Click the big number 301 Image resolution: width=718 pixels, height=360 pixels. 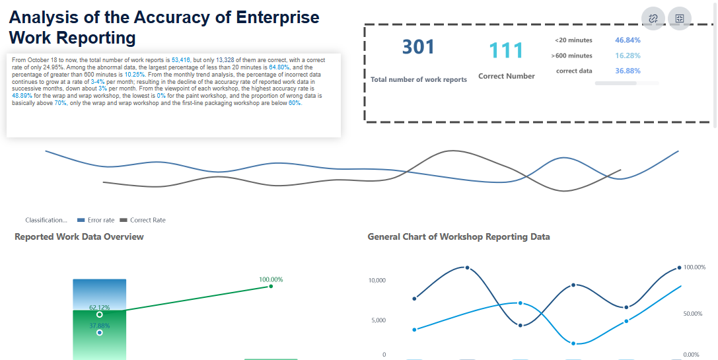(418, 48)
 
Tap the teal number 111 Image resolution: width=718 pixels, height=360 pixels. (506, 51)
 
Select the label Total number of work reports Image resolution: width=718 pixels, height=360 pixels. (419, 79)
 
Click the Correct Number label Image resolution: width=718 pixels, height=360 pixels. (506, 76)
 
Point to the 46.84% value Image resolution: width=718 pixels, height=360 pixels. (628, 40)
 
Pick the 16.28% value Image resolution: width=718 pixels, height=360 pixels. (628, 55)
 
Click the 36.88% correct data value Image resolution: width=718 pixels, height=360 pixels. (628, 71)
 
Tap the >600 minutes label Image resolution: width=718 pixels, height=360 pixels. (571, 55)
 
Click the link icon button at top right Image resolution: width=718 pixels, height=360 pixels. (653, 18)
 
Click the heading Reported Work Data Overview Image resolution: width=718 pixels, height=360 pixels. (79, 236)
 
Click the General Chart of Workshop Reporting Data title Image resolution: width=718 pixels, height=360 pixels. (458, 236)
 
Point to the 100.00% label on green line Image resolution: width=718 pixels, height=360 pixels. (271, 279)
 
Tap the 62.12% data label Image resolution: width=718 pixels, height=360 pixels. (100, 308)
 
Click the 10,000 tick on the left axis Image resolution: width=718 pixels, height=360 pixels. (376, 281)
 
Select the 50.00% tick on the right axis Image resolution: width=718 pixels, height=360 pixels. (693, 313)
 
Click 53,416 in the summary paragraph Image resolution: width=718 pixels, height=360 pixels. (181, 59)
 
